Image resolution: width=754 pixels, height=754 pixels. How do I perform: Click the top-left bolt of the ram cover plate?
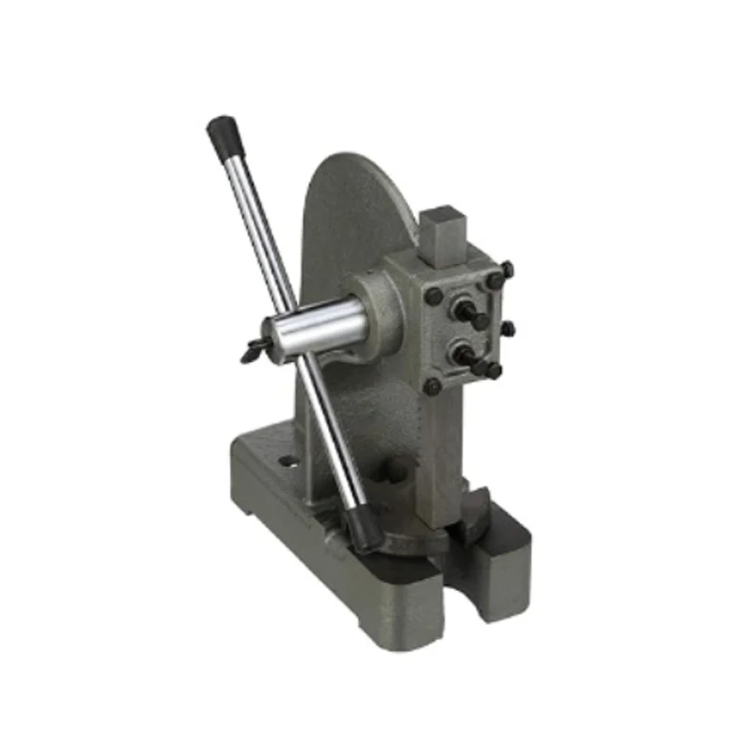(x=434, y=295)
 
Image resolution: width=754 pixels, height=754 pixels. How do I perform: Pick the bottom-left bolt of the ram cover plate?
(x=433, y=385)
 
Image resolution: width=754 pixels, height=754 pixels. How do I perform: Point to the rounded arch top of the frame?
(x=358, y=170)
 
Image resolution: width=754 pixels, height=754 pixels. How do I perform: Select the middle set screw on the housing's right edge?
(x=507, y=329)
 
